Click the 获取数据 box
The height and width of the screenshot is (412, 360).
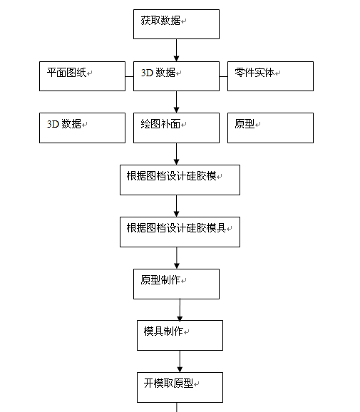click(176, 24)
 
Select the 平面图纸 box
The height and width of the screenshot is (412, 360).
click(82, 76)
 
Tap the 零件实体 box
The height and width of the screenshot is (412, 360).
click(270, 76)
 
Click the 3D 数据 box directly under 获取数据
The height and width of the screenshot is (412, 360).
click(176, 76)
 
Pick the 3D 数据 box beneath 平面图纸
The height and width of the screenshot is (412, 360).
click(82, 128)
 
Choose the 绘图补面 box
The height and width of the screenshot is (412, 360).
click(176, 128)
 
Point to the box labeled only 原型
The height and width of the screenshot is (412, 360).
click(270, 128)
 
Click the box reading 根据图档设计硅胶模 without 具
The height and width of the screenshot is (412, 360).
click(180, 180)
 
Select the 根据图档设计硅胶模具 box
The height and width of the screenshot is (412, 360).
click(180, 232)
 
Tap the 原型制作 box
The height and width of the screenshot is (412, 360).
click(176, 284)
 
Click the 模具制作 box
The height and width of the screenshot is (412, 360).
click(180, 335)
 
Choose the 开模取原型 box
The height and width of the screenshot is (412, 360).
click(180, 387)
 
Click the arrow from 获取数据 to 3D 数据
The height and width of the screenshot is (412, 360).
click(176, 50)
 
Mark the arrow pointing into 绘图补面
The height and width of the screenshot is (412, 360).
click(176, 102)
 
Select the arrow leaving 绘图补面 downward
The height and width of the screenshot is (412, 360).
click(176, 154)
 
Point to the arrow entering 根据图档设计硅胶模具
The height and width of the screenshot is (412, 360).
click(176, 206)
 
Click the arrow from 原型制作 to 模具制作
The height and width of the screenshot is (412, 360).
click(180, 310)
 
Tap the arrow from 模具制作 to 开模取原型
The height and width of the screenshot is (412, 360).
click(180, 361)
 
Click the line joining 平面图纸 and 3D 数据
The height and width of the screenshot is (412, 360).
click(129, 77)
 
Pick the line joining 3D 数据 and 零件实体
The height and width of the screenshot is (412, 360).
click(223, 77)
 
